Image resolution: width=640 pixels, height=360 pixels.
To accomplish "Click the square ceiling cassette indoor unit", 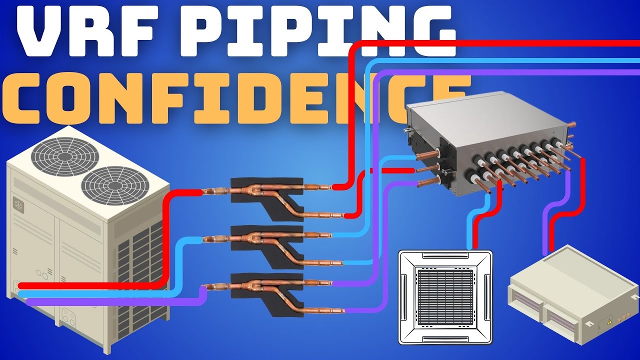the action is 445,297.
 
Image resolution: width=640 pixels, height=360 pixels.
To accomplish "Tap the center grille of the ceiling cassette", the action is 445,297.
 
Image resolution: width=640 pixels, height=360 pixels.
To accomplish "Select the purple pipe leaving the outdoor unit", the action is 114,300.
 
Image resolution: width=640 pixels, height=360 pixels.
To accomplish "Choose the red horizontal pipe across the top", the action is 485,43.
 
